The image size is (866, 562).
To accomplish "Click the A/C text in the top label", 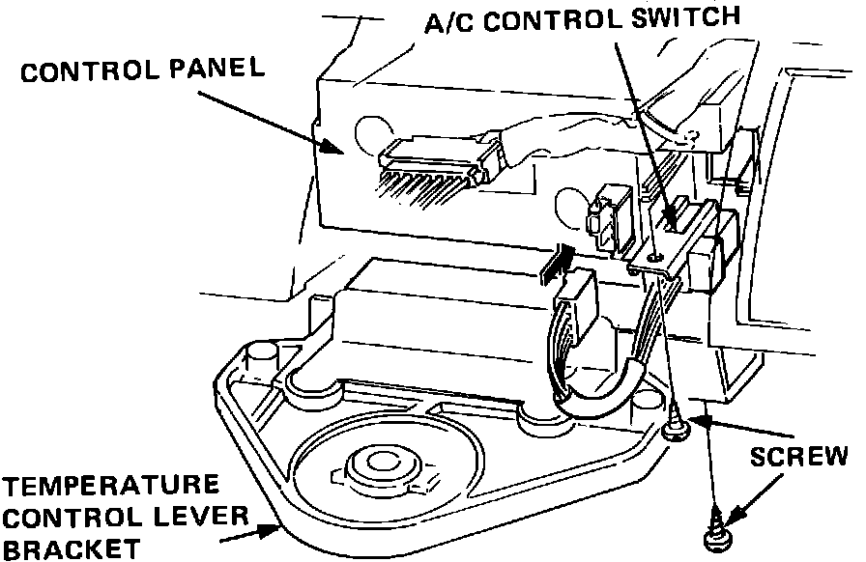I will coord(450,20).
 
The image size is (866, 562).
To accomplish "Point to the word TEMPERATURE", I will coord(108,483).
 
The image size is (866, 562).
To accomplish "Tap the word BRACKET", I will coord(73,549).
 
